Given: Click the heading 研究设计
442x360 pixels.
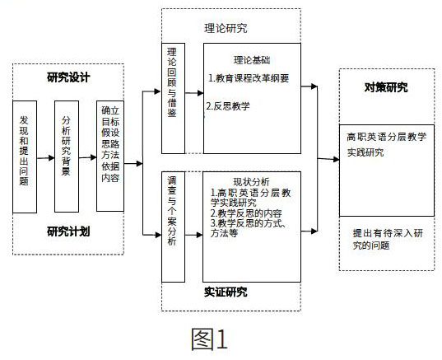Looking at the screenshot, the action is [x=68, y=77].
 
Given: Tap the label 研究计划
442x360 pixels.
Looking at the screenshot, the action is [x=68, y=231].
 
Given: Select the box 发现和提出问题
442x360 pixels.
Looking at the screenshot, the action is [x=25, y=157].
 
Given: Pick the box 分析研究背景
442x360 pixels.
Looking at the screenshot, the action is [x=67, y=157].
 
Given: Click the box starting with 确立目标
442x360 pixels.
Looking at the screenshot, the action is [x=110, y=156].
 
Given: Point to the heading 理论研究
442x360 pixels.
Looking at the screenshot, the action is [x=226, y=28].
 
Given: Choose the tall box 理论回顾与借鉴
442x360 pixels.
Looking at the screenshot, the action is [x=173, y=98].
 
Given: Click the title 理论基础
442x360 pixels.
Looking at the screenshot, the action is [x=252, y=60].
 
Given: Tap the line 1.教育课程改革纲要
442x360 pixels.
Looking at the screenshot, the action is [x=249, y=78].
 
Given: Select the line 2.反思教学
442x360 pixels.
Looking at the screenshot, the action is [x=228, y=106].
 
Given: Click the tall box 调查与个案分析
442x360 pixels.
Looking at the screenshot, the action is [x=173, y=227].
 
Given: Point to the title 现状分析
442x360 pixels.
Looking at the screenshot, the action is [x=251, y=182].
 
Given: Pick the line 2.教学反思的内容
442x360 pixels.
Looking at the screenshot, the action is [x=246, y=213].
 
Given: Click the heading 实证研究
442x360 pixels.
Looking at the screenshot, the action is [x=226, y=292].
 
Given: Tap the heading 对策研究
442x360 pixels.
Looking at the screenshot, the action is [x=386, y=87].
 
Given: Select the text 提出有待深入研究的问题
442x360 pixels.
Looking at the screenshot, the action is [x=388, y=239].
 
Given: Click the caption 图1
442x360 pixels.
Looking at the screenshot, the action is [x=209, y=339].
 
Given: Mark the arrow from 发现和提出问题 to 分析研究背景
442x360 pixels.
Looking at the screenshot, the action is [x=45, y=158].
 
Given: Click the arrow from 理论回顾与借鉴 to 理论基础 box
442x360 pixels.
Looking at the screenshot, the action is [x=194, y=93].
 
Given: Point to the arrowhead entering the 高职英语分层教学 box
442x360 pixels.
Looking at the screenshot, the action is [x=336, y=159].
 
